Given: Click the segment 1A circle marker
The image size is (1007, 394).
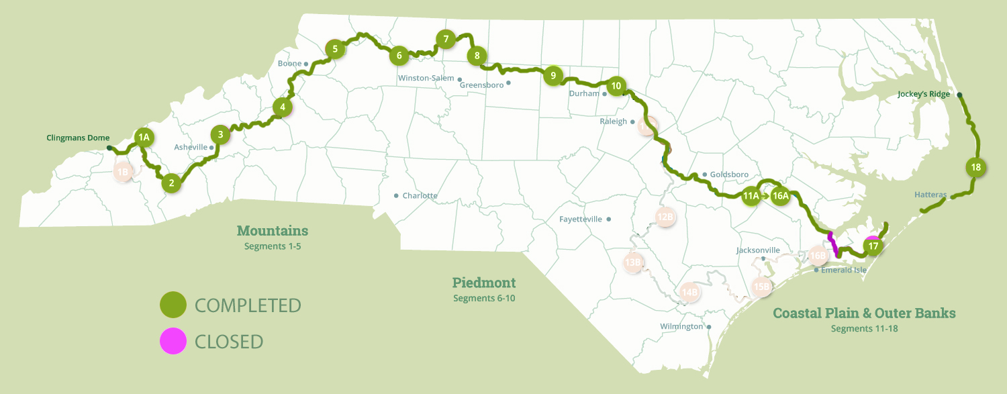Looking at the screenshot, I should (x=143, y=138).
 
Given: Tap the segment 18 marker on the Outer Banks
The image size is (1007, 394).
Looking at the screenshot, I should (x=976, y=167).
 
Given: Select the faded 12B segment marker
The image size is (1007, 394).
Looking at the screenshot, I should (x=665, y=217).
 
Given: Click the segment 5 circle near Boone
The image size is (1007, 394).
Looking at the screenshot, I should (x=334, y=48).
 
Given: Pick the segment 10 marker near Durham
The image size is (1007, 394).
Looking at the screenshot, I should (x=616, y=86).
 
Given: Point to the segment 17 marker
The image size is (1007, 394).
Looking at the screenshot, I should (x=873, y=246).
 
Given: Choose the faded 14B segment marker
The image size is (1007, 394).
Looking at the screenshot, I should (x=690, y=292).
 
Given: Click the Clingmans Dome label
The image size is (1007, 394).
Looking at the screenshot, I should (x=78, y=138).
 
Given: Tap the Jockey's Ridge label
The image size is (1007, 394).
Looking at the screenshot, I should (x=923, y=95).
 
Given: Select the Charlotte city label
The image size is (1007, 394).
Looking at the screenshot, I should (x=420, y=196).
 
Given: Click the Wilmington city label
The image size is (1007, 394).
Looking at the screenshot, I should (x=681, y=327).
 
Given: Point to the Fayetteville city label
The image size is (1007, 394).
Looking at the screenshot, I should (x=581, y=219).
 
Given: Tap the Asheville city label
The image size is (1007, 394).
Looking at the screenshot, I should (x=191, y=147).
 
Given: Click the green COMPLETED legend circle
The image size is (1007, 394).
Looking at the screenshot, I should (x=173, y=305).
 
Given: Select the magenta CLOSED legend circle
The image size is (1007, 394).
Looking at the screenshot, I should (x=173, y=341).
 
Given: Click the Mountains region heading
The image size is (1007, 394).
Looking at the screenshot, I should (x=273, y=231).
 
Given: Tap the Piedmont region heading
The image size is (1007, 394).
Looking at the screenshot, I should (x=484, y=283).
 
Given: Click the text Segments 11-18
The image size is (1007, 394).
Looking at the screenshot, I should (x=864, y=329).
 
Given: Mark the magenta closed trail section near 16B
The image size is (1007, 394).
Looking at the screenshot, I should (x=833, y=244).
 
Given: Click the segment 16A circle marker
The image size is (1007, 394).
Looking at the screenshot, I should (x=781, y=196).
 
